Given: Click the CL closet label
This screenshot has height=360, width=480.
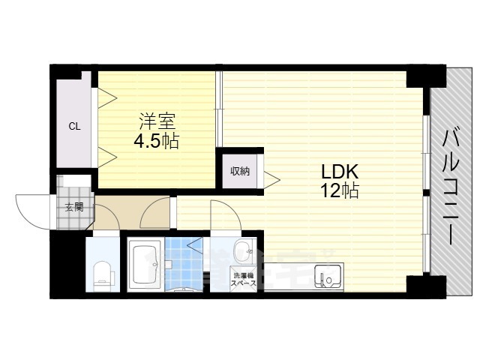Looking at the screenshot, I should point(74,126).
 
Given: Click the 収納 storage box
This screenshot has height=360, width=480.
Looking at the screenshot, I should point(239,171).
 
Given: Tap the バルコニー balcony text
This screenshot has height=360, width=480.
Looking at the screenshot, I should point(450,187).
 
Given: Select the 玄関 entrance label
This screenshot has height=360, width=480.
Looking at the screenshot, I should point(73,208).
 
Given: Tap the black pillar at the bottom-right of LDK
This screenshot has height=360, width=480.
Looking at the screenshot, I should point(415,285).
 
